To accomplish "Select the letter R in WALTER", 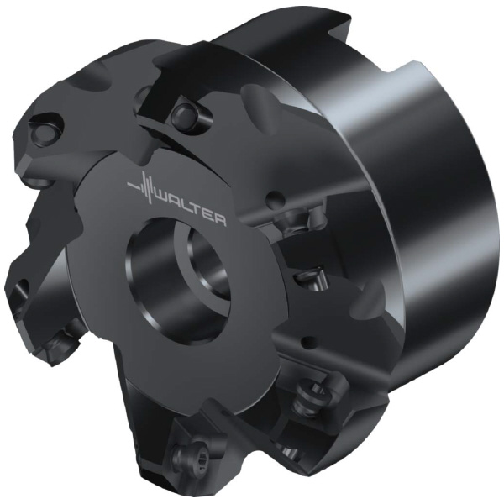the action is coord(219,220).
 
